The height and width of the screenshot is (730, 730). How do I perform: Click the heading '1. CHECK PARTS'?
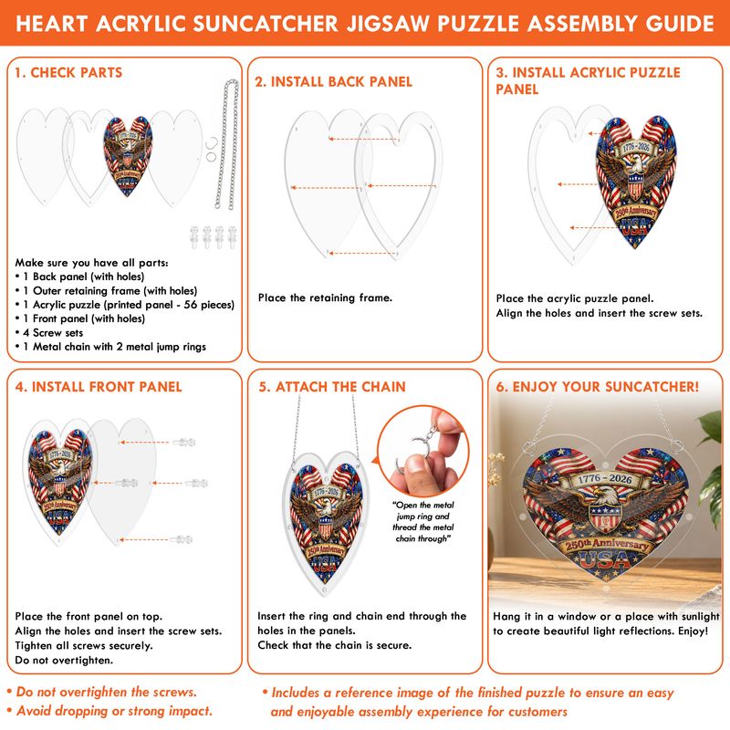[68, 73]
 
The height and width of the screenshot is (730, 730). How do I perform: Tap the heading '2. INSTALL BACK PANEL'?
[333, 82]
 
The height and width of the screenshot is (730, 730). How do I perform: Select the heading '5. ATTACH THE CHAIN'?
[332, 387]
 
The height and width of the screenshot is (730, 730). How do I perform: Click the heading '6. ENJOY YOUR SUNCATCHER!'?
[598, 387]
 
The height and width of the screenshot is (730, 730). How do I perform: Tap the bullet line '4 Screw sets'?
[49, 333]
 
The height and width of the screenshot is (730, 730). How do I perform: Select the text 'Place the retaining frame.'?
[325, 298]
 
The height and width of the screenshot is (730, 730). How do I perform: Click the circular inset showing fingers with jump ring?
[422, 450]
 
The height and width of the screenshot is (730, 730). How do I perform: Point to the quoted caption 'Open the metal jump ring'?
[423, 511]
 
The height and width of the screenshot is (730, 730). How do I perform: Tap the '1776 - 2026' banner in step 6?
[605, 479]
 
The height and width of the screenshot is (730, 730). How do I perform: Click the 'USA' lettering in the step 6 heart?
[604, 560]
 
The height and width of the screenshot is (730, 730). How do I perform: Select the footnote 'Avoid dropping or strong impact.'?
[109, 711]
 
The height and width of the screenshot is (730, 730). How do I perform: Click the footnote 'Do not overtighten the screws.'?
[102, 692]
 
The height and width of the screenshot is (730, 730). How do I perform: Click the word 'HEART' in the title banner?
[52, 24]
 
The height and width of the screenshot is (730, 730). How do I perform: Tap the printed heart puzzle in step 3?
[636, 182]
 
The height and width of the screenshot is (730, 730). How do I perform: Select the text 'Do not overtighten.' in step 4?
[64, 660]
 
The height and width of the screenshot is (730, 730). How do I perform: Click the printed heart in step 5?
[326, 522]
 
